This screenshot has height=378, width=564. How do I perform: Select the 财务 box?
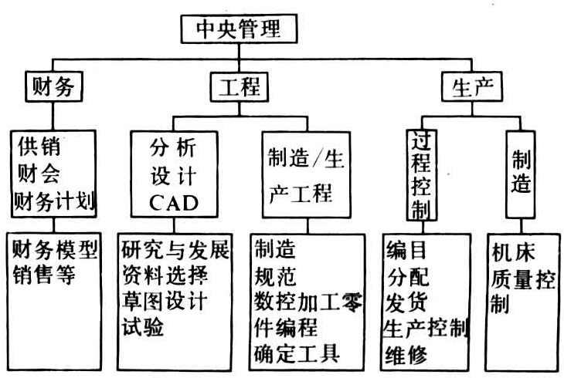(53, 85)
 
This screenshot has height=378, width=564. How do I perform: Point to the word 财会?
(37, 174)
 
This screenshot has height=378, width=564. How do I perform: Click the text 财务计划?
(53, 201)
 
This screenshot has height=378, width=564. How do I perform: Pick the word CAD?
(173, 204)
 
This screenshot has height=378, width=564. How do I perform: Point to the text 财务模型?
(56, 250)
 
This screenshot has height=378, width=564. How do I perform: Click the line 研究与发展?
(175, 250)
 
